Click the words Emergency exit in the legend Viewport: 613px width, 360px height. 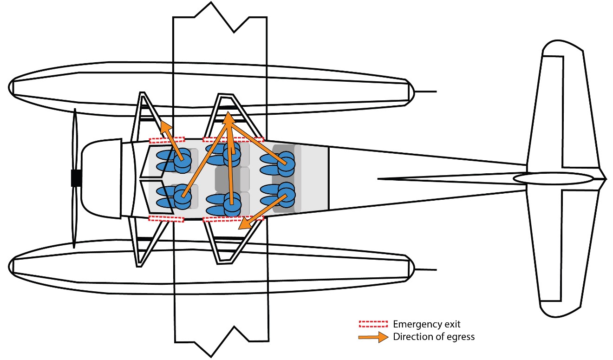[426, 324]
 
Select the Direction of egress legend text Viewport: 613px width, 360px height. [433, 337]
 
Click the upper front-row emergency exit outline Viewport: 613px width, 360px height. [167, 139]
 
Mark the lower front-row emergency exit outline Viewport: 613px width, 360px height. [166, 218]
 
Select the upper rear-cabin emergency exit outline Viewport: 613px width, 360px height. [233, 139]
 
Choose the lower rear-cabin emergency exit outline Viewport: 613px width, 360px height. [233, 218]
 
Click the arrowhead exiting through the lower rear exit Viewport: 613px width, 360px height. [243, 225]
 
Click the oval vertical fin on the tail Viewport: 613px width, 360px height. [553, 178]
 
